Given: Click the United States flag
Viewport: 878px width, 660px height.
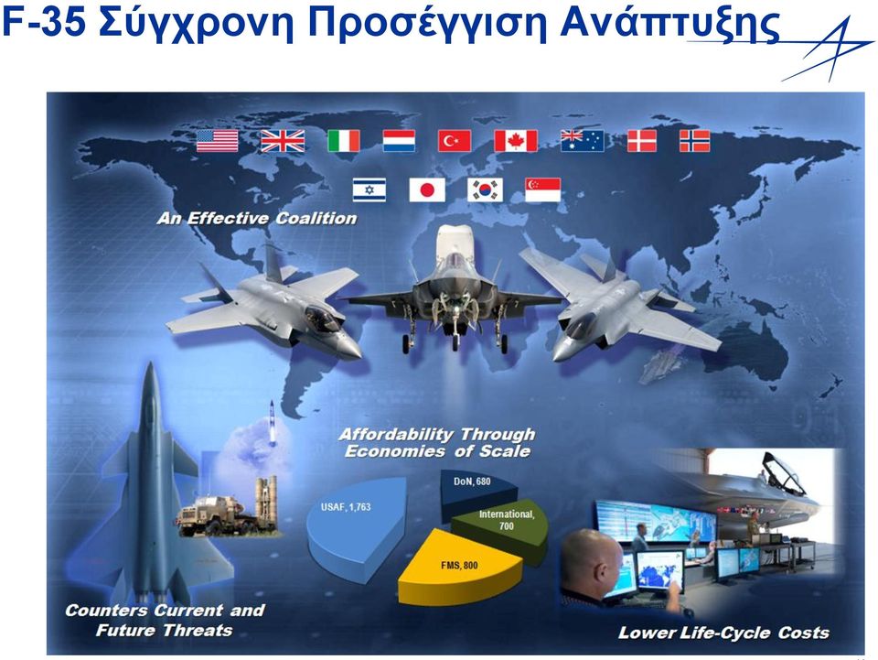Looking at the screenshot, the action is click(x=218, y=141).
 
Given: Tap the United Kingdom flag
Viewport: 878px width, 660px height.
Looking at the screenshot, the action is click(x=283, y=141).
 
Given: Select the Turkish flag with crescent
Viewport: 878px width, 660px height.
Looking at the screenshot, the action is click(x=455, y=141).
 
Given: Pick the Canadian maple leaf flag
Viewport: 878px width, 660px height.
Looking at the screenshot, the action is click(x=516, y=141).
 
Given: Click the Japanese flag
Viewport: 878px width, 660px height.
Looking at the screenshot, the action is click(x=427, y=189).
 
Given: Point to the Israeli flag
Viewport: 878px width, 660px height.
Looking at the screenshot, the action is click(x=369, y=189).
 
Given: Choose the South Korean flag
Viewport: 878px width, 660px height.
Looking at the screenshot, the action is click(x=486, y=189).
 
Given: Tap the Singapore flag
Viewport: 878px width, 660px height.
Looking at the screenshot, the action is click(x=543, y=189).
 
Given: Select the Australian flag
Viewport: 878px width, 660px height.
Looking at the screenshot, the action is click(x=583, y=141).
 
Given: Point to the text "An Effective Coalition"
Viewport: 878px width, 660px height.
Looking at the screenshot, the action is click(x=257, y=218).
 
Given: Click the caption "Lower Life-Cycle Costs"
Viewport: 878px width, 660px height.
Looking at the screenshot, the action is click(x=723, y=633).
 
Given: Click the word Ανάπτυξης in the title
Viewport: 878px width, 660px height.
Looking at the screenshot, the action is click(x=670, y=25).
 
